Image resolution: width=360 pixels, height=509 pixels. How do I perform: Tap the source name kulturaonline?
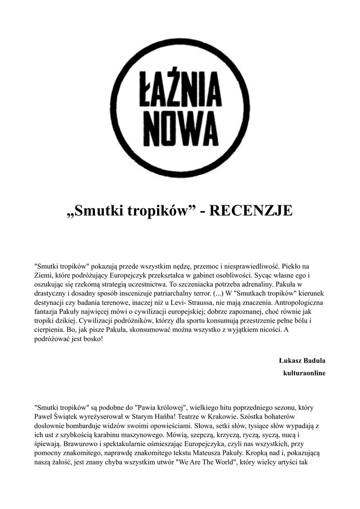(x=304, y=373)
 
